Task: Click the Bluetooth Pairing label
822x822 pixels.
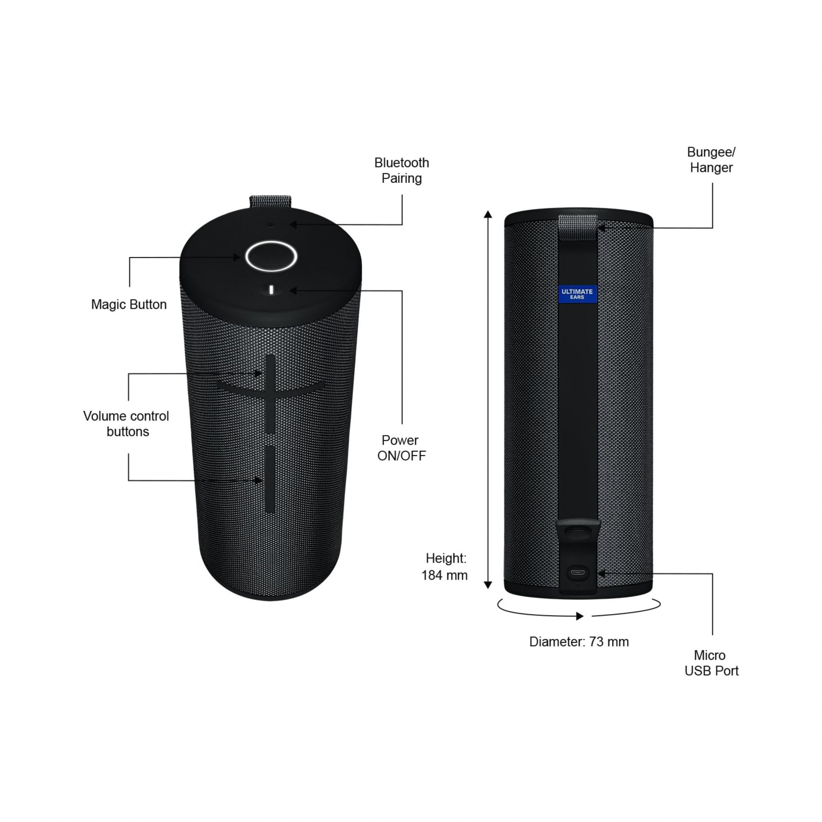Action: coord(402,170)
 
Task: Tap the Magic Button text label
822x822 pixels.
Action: coord(129,305)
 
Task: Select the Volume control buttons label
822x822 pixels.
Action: coord(127,424)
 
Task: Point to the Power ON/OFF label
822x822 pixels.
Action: coord(401,448)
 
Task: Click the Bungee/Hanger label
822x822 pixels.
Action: coord(711,160)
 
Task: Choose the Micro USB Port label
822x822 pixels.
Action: coord(711,663)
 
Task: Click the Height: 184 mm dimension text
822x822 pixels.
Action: coord(445,567)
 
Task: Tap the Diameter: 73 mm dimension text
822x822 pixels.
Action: coord(579,642)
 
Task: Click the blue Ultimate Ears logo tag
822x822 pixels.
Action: coord(577,294)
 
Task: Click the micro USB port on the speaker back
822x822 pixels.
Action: coord(577,572)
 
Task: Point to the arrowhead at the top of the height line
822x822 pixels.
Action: coord(488,214)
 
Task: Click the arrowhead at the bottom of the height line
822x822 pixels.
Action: coord(488,585)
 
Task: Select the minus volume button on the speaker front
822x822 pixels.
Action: coord(270,479)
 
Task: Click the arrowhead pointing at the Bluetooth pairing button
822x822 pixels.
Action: coord(293,224)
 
